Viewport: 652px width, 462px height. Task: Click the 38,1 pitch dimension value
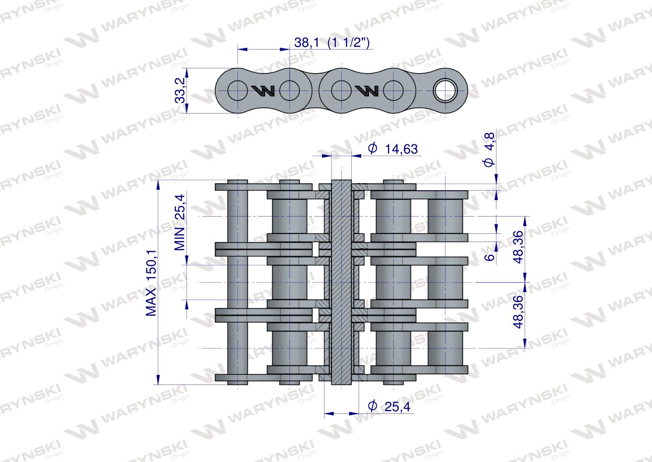coord(307,42)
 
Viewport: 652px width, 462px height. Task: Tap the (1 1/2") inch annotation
coord(348,42)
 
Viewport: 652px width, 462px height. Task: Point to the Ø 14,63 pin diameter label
coord(393,149)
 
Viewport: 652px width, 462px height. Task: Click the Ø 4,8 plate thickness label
coord(489,150)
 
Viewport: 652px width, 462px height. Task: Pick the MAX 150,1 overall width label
coord(151,283)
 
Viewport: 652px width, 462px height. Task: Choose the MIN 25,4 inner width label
coord(180,222)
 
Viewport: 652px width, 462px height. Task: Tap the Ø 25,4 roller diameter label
coord(389,406)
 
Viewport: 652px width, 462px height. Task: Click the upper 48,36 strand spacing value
coord(519,247)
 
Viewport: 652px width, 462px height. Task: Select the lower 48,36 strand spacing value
coord(519,312)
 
